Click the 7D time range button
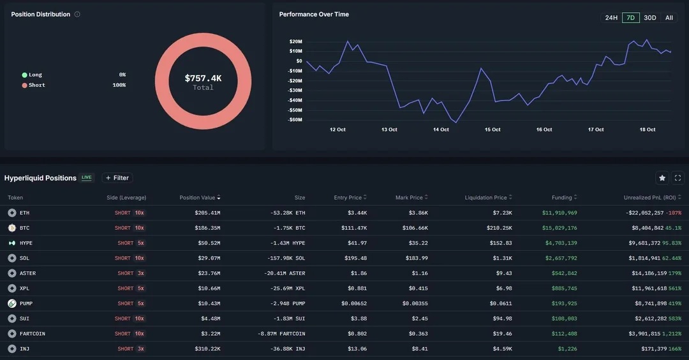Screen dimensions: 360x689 coord(630,18)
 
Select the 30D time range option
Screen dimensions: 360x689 coord(649,18)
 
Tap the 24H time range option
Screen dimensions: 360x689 coord(611,18)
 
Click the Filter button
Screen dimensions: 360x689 coord(117,178)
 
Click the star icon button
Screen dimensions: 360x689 coord(662,178)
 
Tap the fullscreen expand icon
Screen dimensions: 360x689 coord(678,178)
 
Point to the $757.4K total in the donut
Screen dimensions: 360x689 coord(203,79)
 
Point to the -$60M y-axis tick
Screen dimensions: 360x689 coord(295,119)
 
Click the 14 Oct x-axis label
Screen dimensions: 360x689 coord(441,130)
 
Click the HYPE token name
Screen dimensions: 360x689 coord(26,243)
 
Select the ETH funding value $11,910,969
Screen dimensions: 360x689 coord(559,213)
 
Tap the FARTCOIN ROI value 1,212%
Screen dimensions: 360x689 coord(672,334)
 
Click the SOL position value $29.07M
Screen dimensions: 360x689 coord(208,258)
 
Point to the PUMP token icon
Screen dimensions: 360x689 coord(11,303)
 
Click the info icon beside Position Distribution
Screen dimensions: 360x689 coord(77,14)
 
